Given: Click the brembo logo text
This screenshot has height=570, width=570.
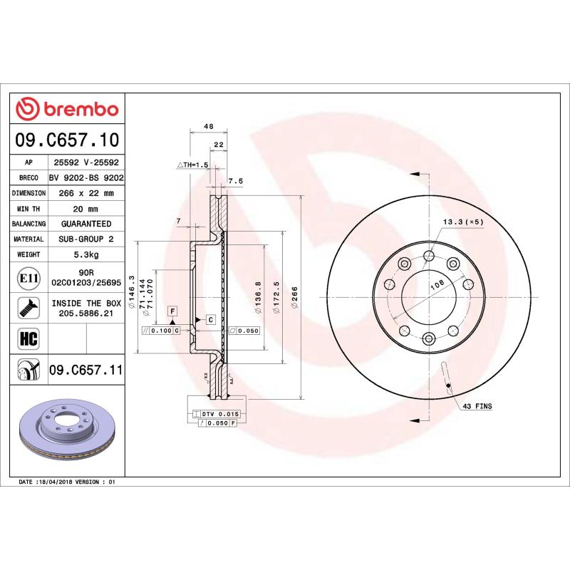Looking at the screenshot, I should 77,109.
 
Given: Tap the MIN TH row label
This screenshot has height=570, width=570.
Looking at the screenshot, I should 31,208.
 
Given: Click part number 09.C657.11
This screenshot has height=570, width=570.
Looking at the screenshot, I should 85,370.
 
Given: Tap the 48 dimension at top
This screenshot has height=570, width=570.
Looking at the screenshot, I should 209,126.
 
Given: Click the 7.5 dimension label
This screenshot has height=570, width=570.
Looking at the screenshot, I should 235,181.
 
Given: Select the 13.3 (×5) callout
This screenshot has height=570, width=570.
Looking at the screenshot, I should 463,222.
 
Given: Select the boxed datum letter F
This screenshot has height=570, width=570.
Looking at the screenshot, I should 172,311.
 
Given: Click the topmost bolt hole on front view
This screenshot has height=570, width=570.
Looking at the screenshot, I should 429,256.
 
